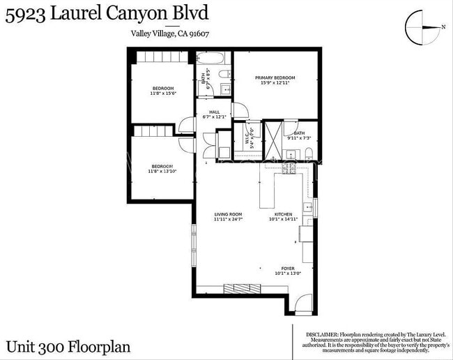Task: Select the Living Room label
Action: click(x=228, y=214)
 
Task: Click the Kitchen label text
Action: click(x=283, y=214)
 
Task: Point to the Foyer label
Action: click(x=288, y=269)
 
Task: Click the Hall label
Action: click(x=215, y=112)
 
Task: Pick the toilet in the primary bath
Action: click(x=307, y=153)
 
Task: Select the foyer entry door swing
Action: click(x=302, y=304)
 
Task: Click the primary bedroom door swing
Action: click(x=240, y=110)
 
